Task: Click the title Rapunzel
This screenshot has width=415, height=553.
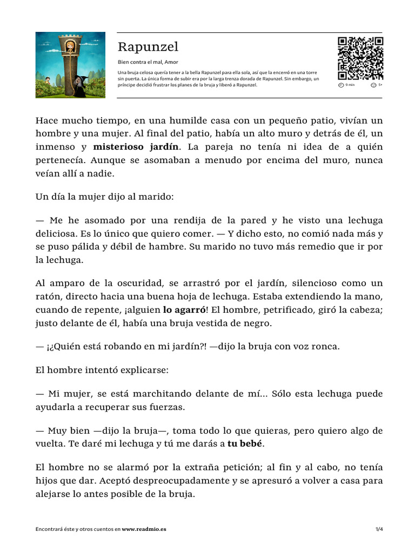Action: point(148,47)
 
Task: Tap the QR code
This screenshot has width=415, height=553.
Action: point(360,58)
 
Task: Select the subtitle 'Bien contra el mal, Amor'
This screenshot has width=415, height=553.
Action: point(148,62)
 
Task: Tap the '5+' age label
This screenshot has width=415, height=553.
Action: point(380,85)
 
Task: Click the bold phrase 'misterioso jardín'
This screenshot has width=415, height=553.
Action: point(137,146)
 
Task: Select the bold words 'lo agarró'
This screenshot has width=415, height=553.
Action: point(184,310)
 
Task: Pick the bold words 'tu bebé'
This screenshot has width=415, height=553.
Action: point(245,444)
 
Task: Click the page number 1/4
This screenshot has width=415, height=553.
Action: point(379,529)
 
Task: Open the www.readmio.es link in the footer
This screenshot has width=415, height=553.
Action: point(144,529)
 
